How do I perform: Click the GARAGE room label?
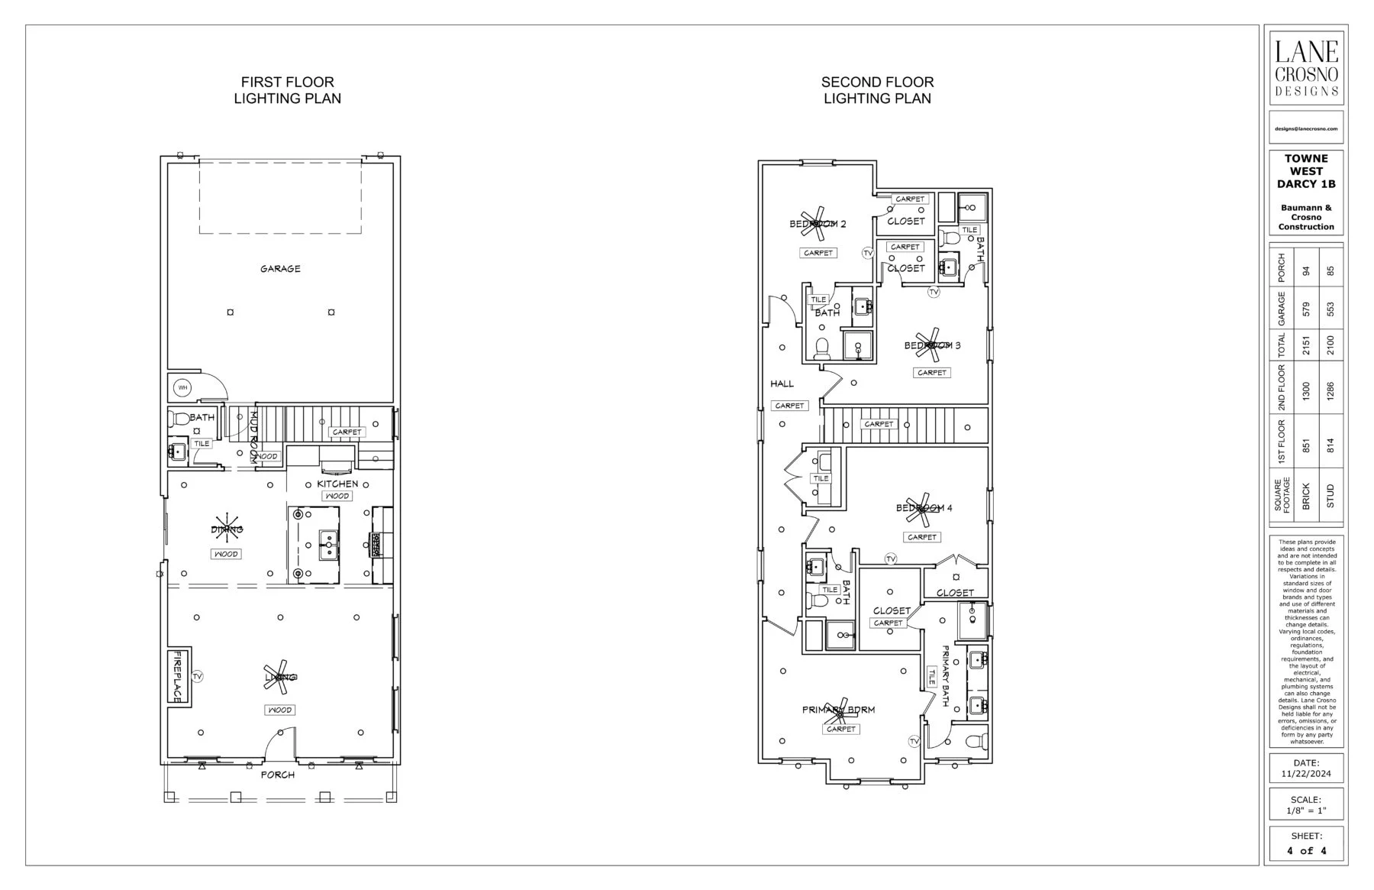click(280, 269)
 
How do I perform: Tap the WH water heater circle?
click(182, 388)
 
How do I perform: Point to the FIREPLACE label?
click(177, 677)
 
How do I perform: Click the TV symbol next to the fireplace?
click(198, 677)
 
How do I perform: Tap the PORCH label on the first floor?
click(278, 775)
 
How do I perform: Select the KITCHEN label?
click(337, 484)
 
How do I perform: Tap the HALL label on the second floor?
click(782, 384)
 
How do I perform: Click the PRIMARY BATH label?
click(945, 675)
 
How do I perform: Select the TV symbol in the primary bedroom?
click(914, 742)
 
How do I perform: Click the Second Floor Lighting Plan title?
click(877, 90)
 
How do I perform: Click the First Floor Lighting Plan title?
click(287, 90)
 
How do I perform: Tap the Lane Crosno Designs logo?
click(1307, 67)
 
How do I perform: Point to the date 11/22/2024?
click(1306, 774)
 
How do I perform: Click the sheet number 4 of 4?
click(1306, 850)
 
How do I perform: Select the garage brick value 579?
click(1306, 309)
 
